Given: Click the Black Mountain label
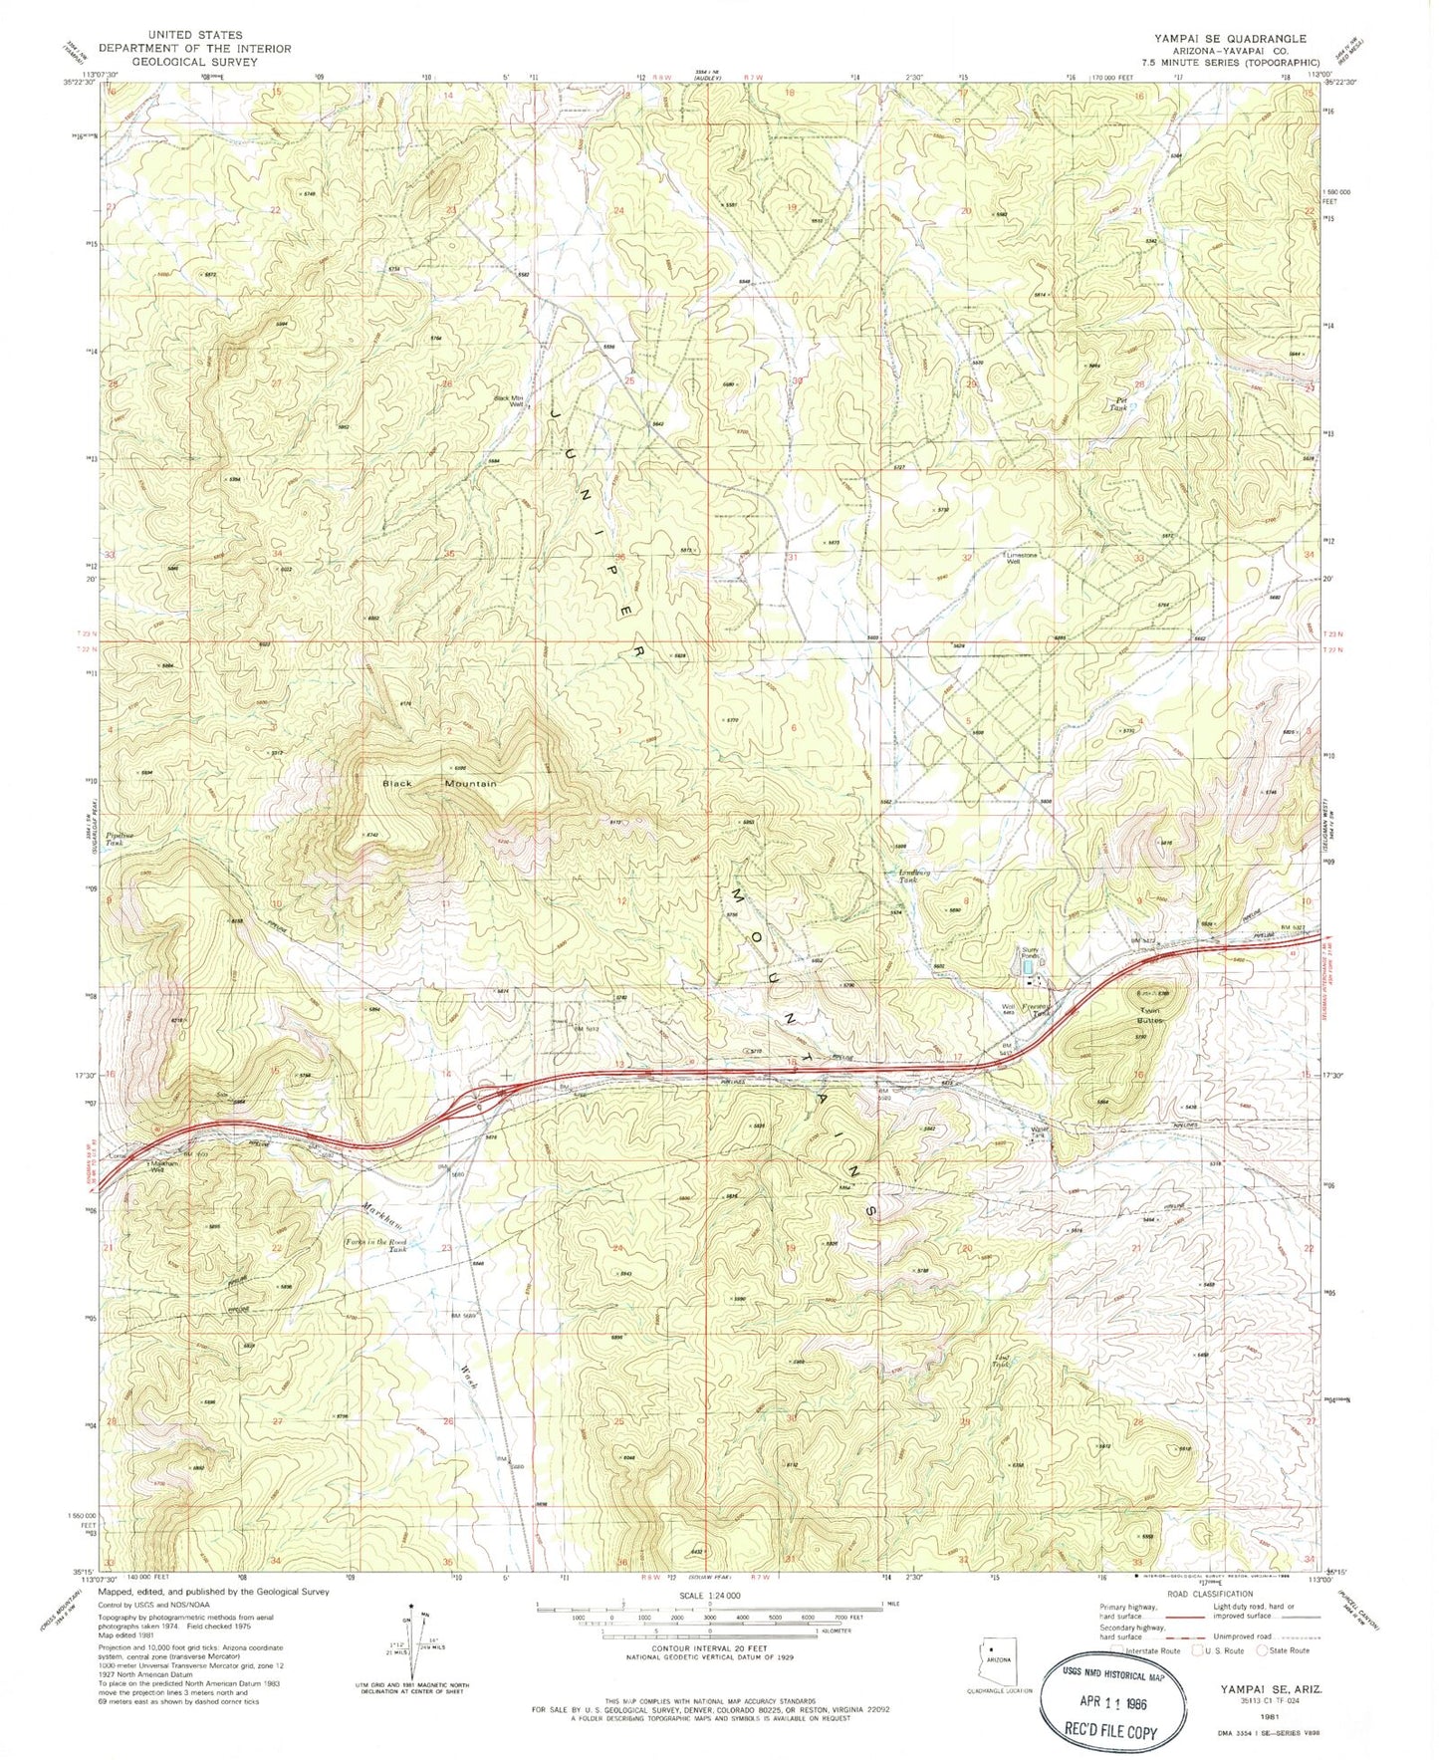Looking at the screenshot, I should click(440, 784).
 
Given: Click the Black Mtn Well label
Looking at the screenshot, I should click(510, 402).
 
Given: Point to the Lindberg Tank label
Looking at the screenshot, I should click(904, 877).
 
